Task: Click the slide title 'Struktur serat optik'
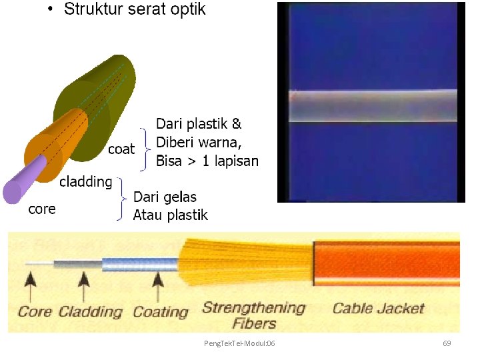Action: click(x=134, y=9)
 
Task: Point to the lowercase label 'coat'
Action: click(x=121, y=149)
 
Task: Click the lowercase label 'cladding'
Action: click(x=85, y=181)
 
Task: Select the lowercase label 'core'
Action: click(x=41, y=209)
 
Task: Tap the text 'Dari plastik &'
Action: click(x=199, y=124)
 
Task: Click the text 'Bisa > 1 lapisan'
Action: click(x=207, y=161)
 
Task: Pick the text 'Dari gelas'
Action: click(x=165, y=197)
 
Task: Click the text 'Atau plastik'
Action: click(x=171, y=215)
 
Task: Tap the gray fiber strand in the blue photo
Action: click(x=372, y=106)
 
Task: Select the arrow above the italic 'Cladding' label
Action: click(x=83, y=283)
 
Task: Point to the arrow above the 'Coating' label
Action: click(x=157, y=283)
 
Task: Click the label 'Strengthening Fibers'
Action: click(x=253, y=315)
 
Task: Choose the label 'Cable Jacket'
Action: click(x=378, y=308)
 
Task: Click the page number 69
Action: click(x=447, y=343)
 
